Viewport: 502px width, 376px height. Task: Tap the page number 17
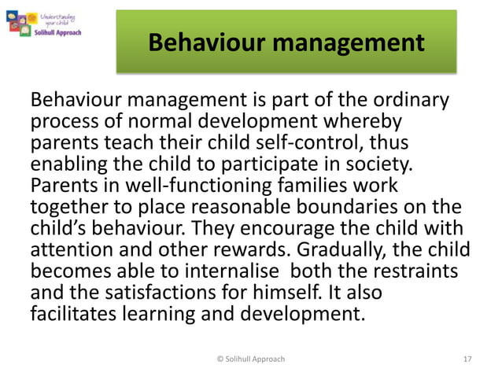469,359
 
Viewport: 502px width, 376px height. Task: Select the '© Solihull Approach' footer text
250,359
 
